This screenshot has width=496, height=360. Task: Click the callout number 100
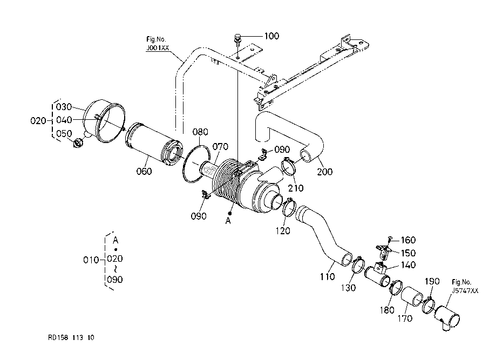tap(271, 36)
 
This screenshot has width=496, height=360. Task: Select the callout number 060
tap(144, 172)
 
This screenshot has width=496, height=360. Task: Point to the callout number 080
tap(200, 132)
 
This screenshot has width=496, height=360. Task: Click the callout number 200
tap(325, 172)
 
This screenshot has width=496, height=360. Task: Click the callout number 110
tap(328, 277)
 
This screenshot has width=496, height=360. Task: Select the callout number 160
tap(408, 240)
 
